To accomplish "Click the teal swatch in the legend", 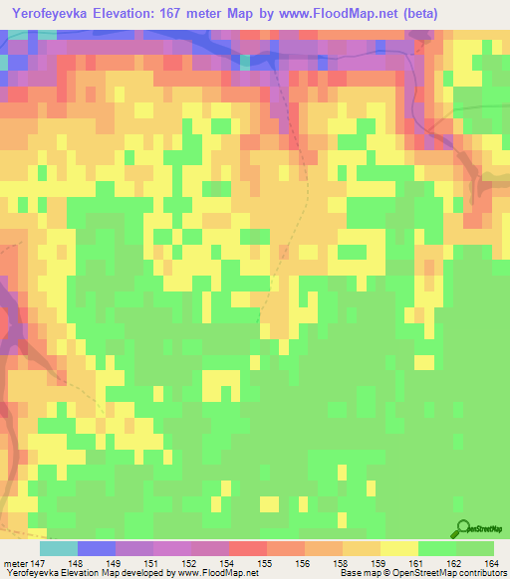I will [x=59, y=547].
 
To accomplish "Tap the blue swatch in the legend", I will [x=97, y=547].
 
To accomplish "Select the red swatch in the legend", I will [x=247, y=547].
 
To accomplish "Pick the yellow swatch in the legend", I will [x=397, y=547].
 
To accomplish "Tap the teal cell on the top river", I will [x=245, y=63].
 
